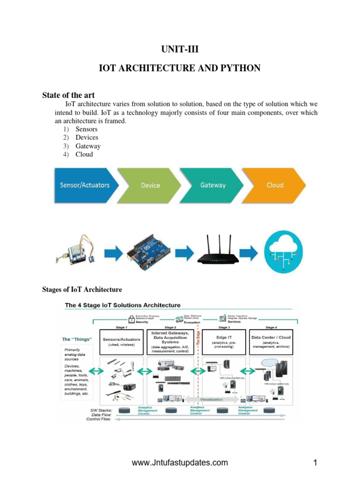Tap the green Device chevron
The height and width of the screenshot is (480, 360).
150,186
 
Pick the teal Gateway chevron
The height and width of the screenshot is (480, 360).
213,185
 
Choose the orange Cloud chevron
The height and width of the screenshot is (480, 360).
275,185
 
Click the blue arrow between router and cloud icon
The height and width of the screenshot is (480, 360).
251,254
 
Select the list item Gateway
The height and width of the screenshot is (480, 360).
88,146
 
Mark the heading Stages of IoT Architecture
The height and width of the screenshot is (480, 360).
82,290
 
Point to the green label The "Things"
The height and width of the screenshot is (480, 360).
77,339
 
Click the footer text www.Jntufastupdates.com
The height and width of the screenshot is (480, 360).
180,463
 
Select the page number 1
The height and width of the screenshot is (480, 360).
315,463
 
